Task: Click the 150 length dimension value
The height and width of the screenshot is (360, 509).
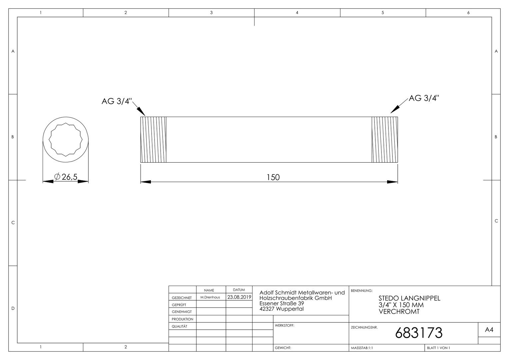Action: tap(273, 177)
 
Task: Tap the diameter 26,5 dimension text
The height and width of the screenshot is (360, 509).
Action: tap(66, 177)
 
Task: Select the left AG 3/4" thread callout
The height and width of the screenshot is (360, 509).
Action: tap(117, 101)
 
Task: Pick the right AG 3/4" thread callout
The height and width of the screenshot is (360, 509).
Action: tap(424, 98)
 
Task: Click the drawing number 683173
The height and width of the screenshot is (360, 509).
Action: tap(419, 333)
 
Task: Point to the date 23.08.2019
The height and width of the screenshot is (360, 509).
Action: tap(239, 297)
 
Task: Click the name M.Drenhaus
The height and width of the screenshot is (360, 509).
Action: tap(210, 297)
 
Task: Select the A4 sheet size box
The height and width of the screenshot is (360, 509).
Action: tap(489, 330)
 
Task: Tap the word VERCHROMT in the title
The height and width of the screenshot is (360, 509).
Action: tap(399, 312)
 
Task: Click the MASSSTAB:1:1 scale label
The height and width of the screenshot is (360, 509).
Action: tap(362, 348)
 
